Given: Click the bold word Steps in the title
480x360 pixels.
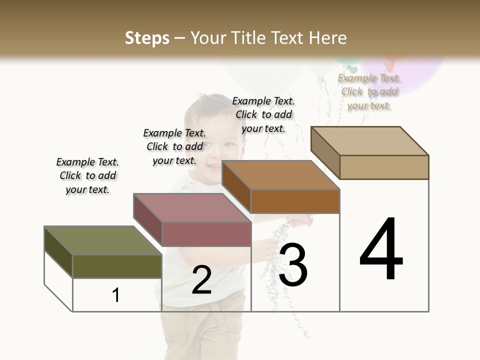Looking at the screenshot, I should [x=147, y=38].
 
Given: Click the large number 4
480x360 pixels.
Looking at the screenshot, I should [x=381, y=250].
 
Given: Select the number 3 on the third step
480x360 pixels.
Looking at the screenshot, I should [x=293, y=265].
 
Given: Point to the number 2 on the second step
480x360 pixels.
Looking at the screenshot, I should [x=202, y=280].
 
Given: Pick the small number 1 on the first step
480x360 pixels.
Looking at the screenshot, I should [x=116, y=295].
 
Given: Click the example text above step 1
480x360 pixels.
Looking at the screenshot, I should [x=87, y=175].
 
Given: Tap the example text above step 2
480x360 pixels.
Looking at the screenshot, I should [x=174, y=146].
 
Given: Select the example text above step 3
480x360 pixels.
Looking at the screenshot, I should [x=263, y=114].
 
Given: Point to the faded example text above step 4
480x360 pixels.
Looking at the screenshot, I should [x=369, y=91].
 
